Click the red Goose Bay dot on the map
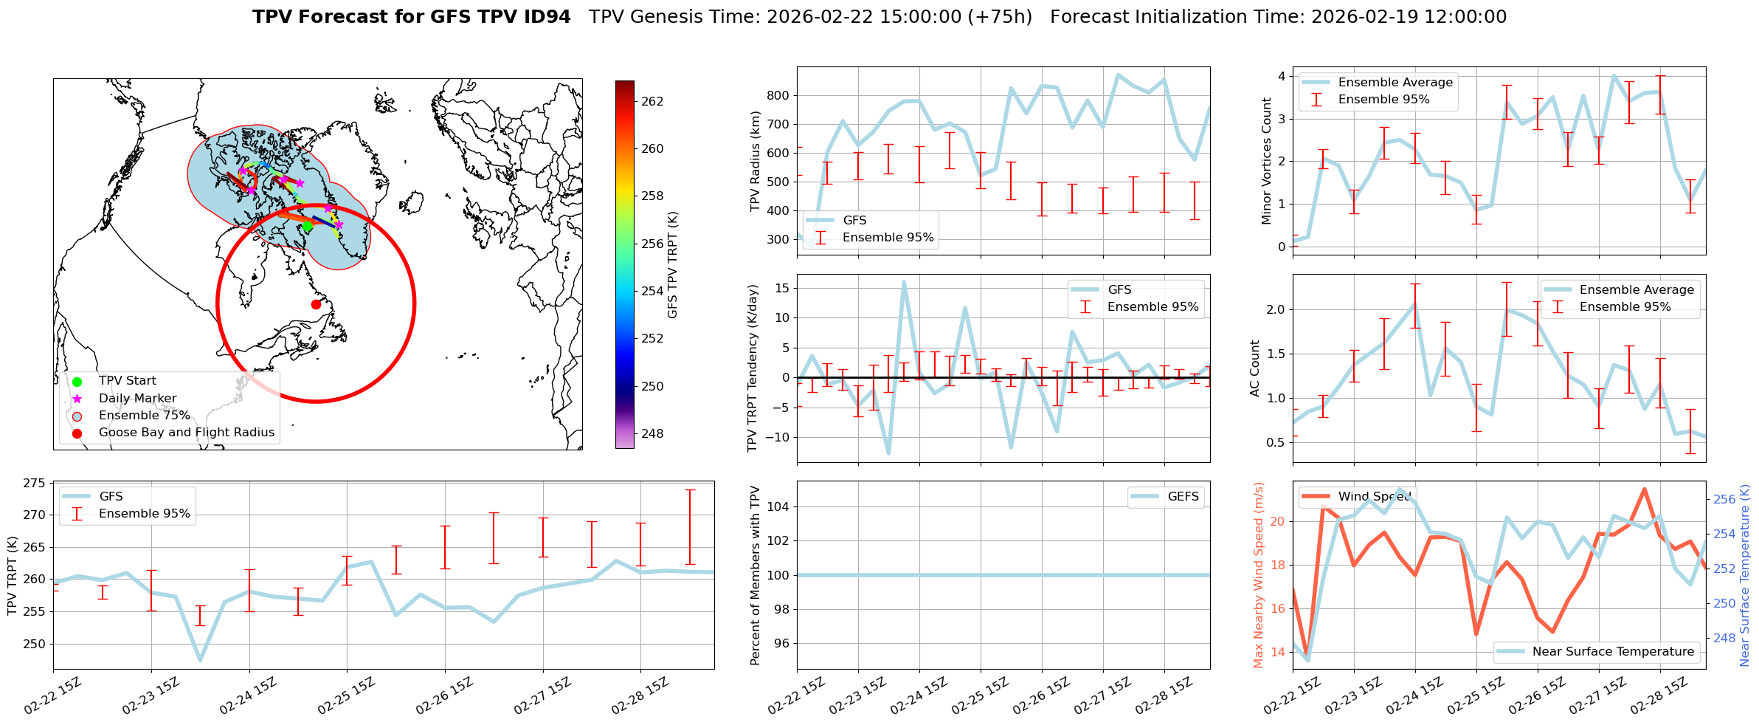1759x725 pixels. [x=316, y=304]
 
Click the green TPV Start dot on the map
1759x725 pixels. [x=308, y=227]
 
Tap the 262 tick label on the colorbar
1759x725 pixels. [x=652, y=101]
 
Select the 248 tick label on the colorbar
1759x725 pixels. [x=652, y=433]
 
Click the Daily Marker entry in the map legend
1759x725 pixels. [x=137, y=399]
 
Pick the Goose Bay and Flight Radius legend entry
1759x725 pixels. [x=186, y=433]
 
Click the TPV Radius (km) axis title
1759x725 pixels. [x=755, y=161]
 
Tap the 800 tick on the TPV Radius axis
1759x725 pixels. [x=779, y=95]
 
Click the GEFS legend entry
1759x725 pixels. [x=1183, y=497]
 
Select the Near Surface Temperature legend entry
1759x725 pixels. [x=1613, y=652]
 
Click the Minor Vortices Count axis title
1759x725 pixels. [x=1267, y=161]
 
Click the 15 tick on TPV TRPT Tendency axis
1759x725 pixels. [x=782, y=288]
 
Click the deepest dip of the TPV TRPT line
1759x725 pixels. [x=200, y=659]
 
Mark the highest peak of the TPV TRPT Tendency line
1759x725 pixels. [x=904, y=282]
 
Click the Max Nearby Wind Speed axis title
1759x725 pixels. [x=1259, y=575]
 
